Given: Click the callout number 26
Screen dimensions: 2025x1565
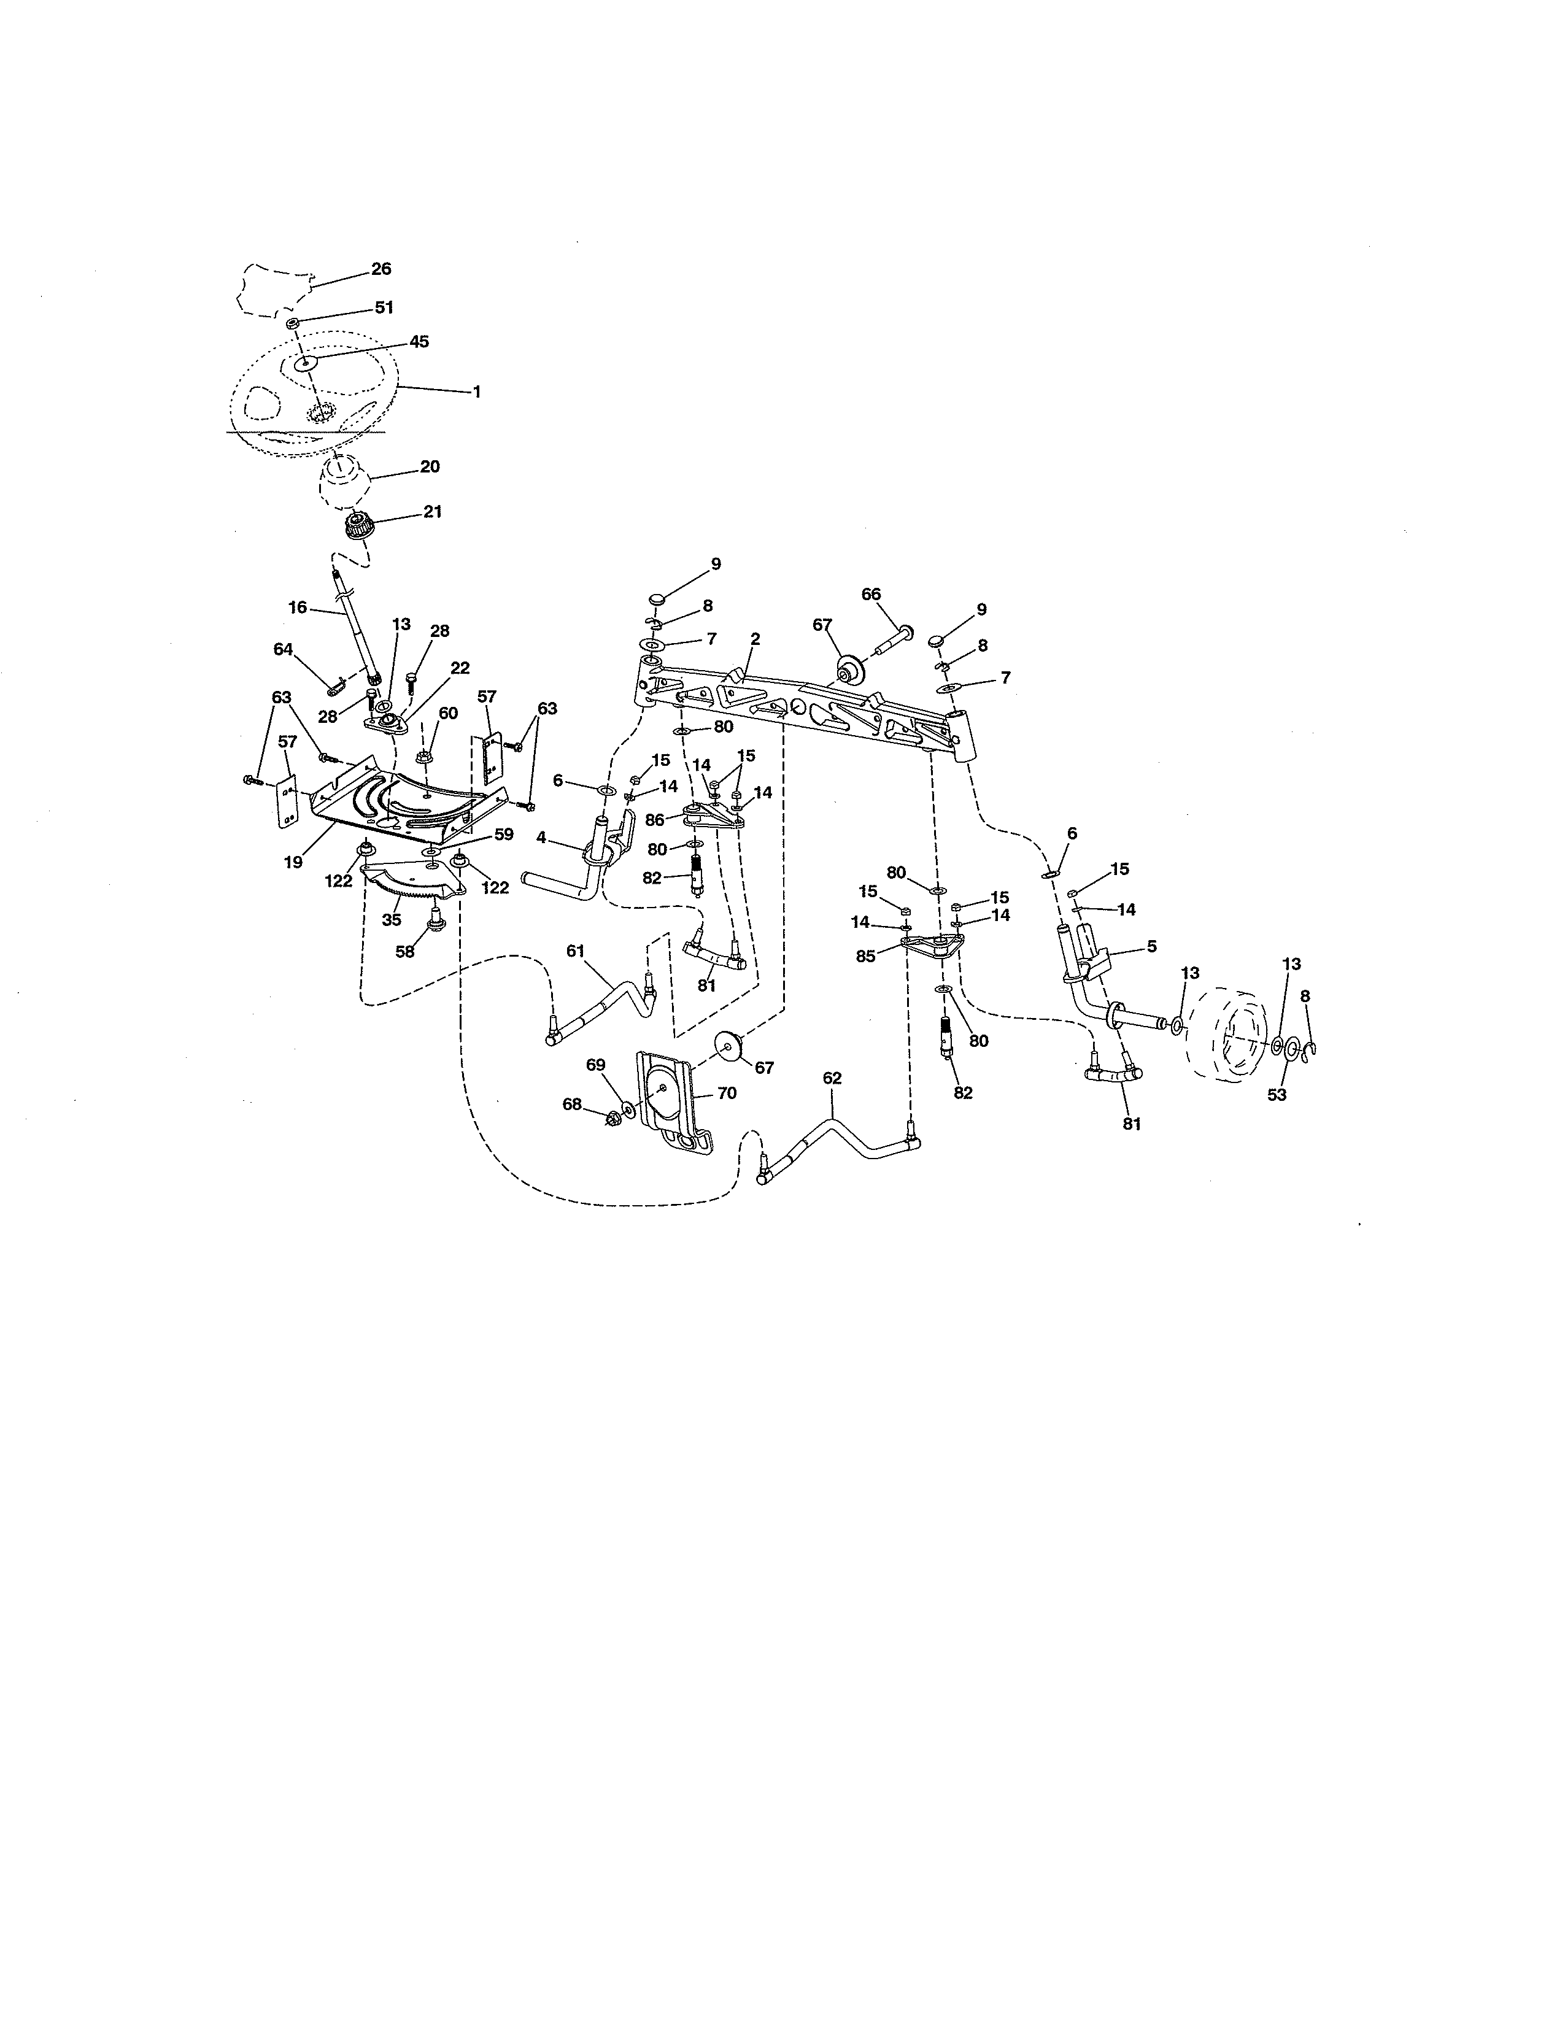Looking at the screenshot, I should click(381, 269).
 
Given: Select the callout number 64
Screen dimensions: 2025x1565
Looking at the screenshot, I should click(283, 649).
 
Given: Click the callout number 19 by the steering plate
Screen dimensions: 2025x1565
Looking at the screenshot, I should click(293, 862).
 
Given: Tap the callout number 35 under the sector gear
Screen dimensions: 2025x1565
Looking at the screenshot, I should click(392, 920).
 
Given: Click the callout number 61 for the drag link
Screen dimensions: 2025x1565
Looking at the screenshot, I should click(576, 951).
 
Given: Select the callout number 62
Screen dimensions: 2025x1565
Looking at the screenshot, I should click(832, 1078).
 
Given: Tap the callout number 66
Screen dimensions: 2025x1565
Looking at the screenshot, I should click(871, 595).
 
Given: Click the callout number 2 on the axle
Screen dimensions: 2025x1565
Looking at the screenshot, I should click(755, 639).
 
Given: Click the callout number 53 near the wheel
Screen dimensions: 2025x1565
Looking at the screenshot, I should click(1277, 1094).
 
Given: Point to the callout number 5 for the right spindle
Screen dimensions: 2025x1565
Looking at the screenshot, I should click(1151, 947).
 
